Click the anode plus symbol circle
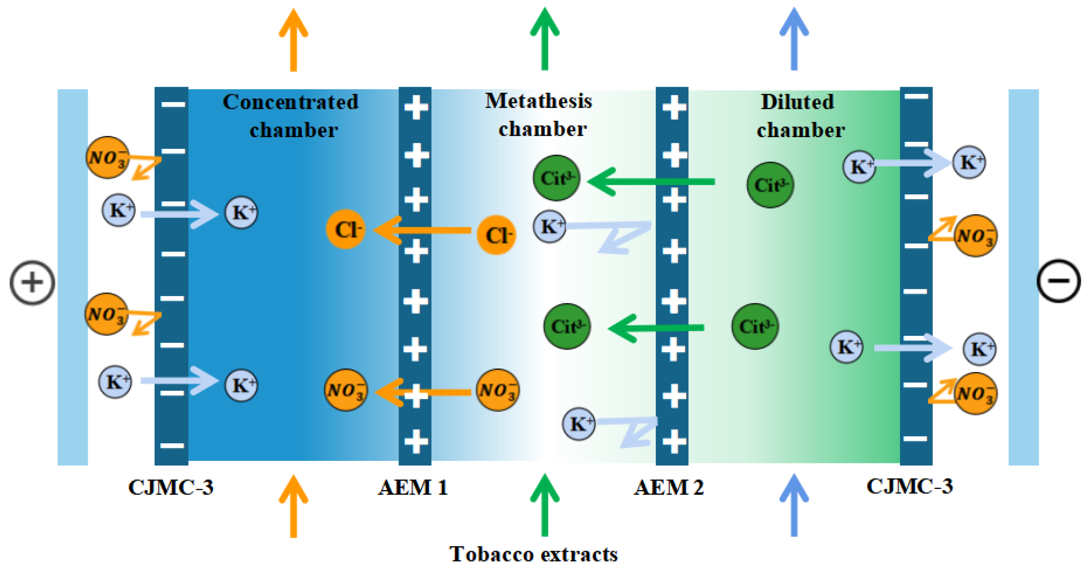(x=32, y=283)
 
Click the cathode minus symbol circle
(x=1058, y=281)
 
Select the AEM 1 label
(x=413, y=487)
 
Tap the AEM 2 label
(x=669, y=487)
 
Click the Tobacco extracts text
(x=533, y=554)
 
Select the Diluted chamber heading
(x=799, y=115)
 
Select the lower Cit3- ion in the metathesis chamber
(x=567, y=326)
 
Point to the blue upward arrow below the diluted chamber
(x=794, y=506)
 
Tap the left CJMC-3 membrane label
(x=171, y=487)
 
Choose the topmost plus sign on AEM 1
(x=416, y=107)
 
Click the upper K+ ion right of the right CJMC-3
(x=969, y=162)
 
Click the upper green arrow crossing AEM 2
(x=651, y=182)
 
